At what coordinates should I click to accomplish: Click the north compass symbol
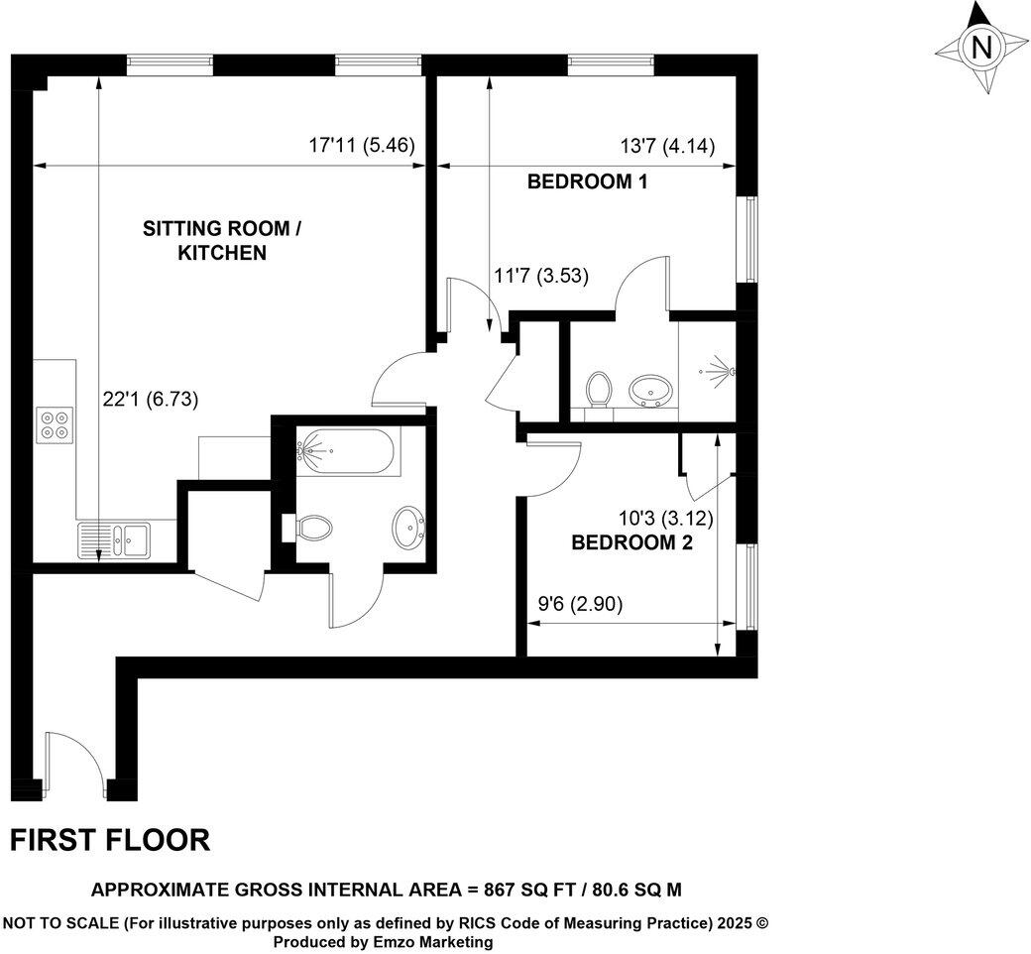[981, 48]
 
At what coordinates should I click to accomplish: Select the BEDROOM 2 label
[631, 542]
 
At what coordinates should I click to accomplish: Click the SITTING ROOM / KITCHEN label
[221, 241]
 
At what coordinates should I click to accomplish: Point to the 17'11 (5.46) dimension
[361, 146]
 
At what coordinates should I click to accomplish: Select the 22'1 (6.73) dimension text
[151, 400]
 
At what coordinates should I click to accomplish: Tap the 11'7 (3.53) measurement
[540, 277]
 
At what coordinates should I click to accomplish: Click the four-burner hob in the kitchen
[54, 424]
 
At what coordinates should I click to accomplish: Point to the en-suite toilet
[598, 389]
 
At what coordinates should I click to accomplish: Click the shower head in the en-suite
[724, 371]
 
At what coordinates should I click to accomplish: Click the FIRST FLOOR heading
[110, 840]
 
